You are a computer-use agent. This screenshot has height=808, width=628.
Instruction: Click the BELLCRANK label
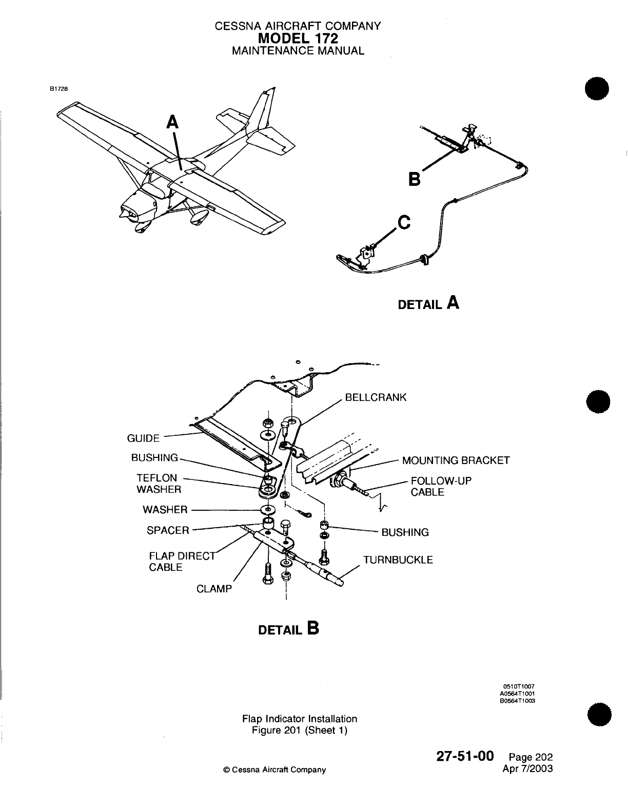point(376,397)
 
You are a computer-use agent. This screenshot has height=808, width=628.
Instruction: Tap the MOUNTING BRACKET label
point(456,460)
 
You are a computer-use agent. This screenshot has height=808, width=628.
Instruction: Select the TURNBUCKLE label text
point(398,560)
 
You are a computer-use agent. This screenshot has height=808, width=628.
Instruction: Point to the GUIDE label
point(143,438)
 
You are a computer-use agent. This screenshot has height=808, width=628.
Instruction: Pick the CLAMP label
point(214,589)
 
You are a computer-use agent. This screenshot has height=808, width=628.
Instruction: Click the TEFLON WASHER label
point(159,484)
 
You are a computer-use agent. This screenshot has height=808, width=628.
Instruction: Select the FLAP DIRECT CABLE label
point(177,562)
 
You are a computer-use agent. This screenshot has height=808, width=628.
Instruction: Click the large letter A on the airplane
point(173,122)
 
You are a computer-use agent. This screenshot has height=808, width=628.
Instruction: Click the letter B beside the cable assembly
point(414,179)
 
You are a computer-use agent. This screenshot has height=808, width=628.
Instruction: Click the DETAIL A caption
point(428,303)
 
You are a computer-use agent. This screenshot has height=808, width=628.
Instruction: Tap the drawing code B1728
point(58,88)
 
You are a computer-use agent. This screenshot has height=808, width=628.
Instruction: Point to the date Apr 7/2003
point(529,768)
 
